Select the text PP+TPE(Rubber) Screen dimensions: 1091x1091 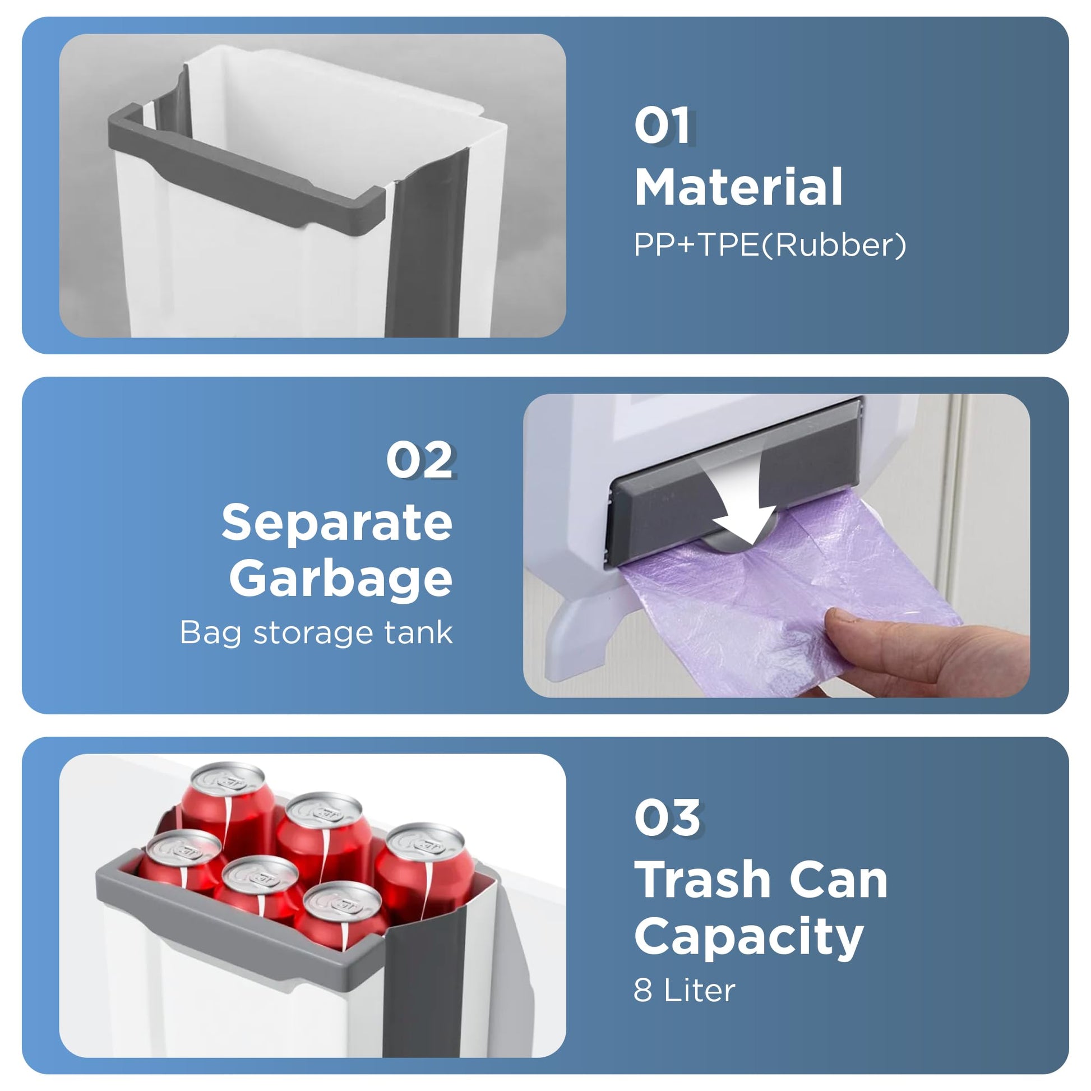(x=770, y=246)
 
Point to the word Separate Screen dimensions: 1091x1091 (x=337, y=523)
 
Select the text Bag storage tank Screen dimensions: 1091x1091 (x=316, y=633)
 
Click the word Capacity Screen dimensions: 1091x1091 (x=750, y=937)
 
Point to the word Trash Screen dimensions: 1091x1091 (x=701, y=879)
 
